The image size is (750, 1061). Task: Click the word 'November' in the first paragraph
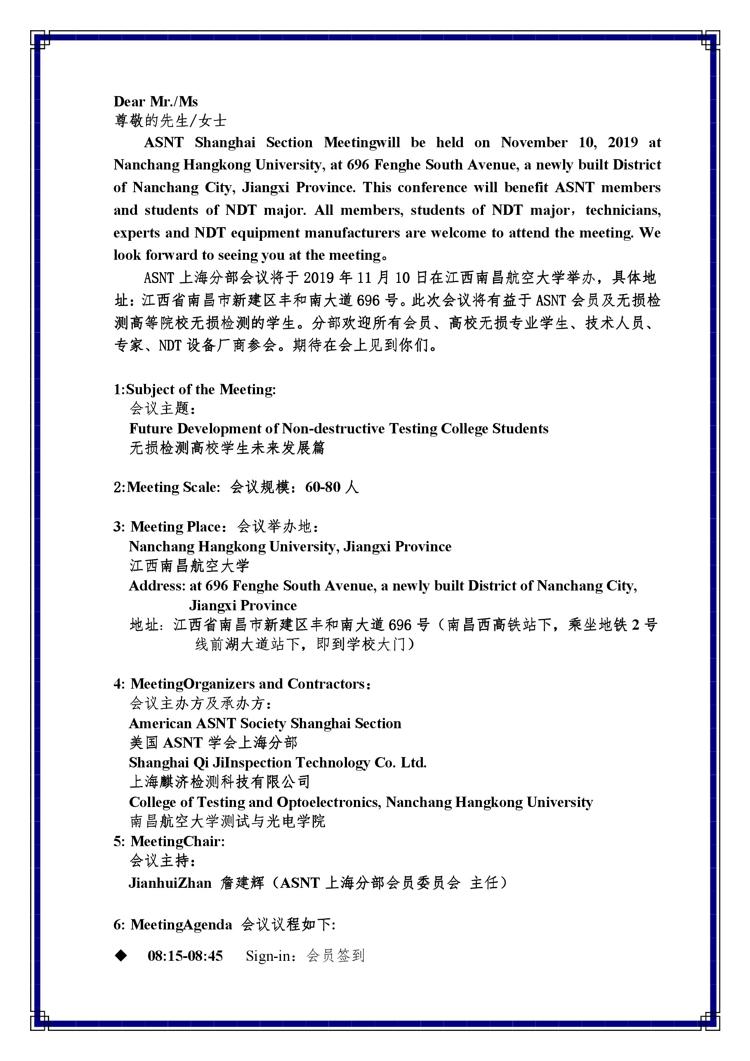pyautogui.click(x=533, y=142)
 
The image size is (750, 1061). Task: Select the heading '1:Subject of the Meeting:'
pyautogui.click(x=194, y=389)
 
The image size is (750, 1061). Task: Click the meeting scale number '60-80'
pyautogui.click(x=322, y=487)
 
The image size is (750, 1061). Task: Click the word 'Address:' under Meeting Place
pyautogui.click(x=157, y=586)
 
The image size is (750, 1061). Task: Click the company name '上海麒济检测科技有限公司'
pyautogui.click(x=219, y=782)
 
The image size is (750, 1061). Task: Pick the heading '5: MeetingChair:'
pyautogui.click(x=169, y=841)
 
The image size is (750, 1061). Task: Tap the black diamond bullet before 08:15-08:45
pyautogui.click(x=121, y=955)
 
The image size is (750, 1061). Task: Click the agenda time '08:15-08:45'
pyautogui.click(x=185, y=955)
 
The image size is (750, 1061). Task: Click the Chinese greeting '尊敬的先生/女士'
pyautogui.click(x=170, y=121)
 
